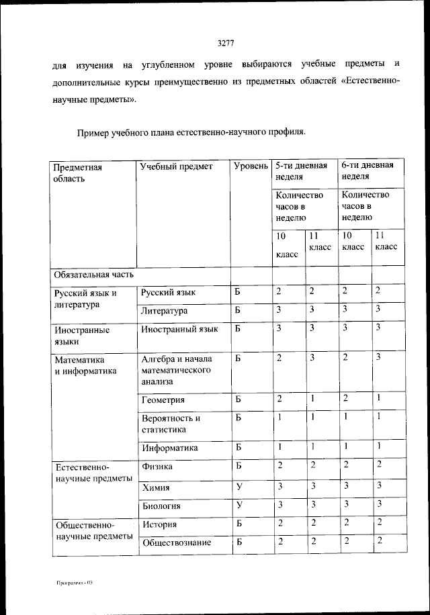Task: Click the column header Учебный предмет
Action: pos(175,166)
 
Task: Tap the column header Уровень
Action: pos(251,166)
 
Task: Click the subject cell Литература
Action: pos(165,311)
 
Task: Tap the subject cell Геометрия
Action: pos(163,400)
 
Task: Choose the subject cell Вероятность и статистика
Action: pos(171,424)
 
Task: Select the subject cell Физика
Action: pos(157,466)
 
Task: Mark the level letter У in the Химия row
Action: pos(239,487)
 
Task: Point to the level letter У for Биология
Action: pos(239,506)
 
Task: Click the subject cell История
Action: pos(160,524)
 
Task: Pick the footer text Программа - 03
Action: pos(74,583)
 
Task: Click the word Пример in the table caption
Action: pos(94,132)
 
